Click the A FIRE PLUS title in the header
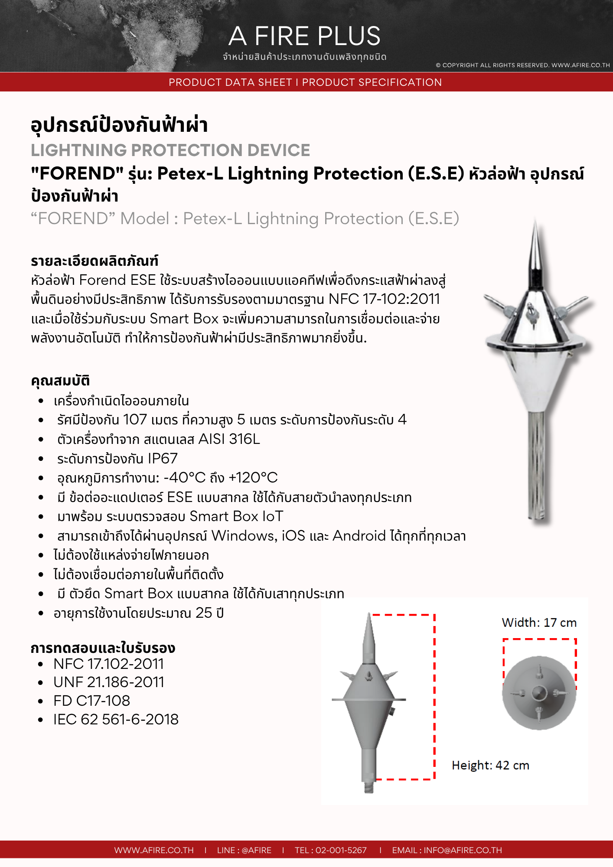[x=304, y=36]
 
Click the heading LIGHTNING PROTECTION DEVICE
[x=170, y=150]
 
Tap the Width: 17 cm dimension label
[x=539, y=623]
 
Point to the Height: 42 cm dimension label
[x=490, y=766]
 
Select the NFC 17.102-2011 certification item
[x=108, y=664]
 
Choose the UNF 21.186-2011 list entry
[x=108, y=682]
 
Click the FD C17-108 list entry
[x=91, y=701]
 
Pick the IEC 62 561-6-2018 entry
[x=116, y=720]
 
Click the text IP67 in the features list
[x=163, y=459]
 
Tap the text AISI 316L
[x=229, y=439]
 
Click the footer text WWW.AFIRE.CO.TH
[x=154, y=850]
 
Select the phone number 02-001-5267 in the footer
[x=341, y=850]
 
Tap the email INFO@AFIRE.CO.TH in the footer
[x=463, y=850]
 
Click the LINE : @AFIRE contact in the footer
[x=244, y=850]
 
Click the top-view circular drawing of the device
[x=539, y=693]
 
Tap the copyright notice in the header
[x=522, y=65]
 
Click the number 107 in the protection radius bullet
[x=135, y=420]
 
